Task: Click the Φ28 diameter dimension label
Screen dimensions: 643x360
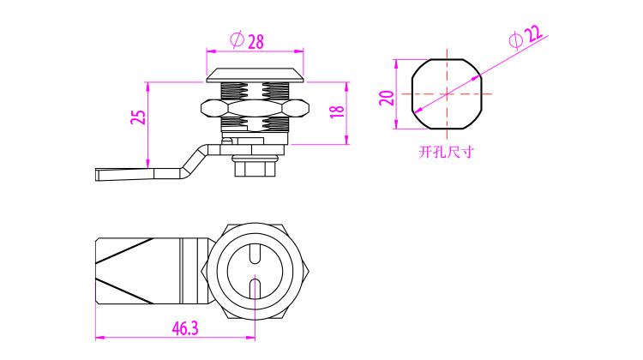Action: [x=247, y=40]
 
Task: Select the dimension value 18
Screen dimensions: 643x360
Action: [x=337, y=111]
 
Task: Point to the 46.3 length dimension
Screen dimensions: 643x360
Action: [x=185, y=328]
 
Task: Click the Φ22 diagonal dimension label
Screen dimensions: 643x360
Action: [x=526, y=36]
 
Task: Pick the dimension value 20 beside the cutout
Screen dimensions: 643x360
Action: [x=387, y=98]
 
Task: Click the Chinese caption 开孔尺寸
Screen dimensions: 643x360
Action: [x=446, y=152]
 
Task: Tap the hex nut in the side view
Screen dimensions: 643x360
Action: [x=255, y=108]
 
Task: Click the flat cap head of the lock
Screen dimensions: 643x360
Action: [x=255, y=75]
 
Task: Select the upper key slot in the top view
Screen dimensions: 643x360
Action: [x=255, y=254]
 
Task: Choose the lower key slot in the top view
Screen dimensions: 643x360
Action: [x=255, y=288]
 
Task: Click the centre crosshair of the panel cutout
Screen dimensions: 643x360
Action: [x=447, y=94]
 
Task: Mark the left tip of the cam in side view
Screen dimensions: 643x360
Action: [x=96, y=174]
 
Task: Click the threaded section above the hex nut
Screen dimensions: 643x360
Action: [x=255, y=91]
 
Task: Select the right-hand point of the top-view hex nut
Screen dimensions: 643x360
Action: [x=309, y=272]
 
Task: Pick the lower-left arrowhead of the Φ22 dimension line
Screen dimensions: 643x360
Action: [x=417, y=111]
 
